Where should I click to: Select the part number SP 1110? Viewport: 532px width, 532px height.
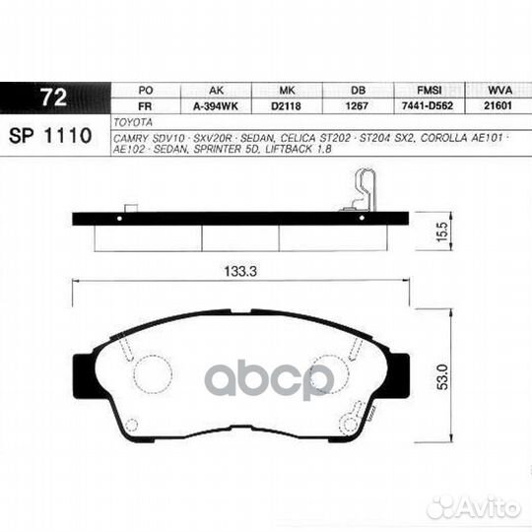52,133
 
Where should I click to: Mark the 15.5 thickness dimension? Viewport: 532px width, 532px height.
441,233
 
